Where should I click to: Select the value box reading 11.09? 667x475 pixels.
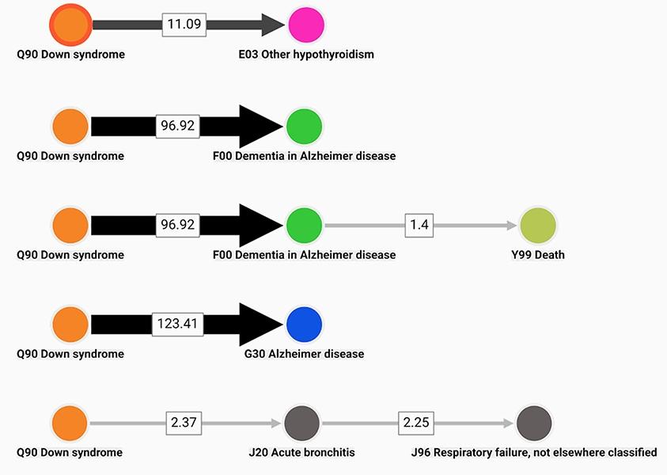point(184,25)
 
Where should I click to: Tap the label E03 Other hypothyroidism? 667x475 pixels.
point(305,55)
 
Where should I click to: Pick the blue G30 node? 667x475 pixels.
point(303,325)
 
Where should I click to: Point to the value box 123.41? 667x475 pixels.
point(178,325)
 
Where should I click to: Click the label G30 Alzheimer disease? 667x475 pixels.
point(304,354)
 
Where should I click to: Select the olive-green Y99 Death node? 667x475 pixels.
point(538,226)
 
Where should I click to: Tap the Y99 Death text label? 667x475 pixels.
point(538,255)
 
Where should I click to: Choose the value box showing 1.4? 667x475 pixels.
point(419,226)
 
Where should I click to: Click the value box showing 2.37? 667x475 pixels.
point(183,423)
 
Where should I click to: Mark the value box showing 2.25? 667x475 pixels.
point(415,423)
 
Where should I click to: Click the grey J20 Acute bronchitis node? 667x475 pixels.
point(301,423)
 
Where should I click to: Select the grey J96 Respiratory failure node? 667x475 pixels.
point(534,423)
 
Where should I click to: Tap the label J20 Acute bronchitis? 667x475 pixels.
point(301,453)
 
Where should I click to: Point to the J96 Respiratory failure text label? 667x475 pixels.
point(534,453)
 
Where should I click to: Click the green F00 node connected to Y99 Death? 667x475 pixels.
point(303,226)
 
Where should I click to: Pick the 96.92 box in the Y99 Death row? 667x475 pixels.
point(177,226)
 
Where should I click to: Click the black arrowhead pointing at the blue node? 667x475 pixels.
point(260,325)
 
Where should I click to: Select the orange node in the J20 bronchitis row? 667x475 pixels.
point(70,423)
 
